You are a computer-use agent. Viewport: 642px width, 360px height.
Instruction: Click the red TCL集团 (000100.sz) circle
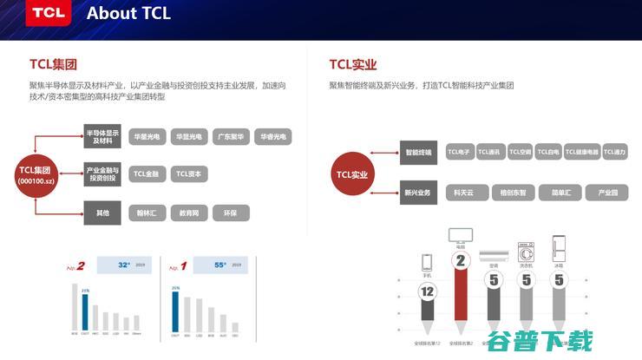36,175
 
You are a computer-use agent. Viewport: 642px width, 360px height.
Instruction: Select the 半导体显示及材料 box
102,137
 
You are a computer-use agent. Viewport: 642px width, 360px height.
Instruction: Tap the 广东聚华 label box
232,137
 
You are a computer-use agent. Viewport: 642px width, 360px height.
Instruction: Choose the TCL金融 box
147,174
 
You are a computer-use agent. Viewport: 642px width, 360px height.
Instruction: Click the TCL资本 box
188,174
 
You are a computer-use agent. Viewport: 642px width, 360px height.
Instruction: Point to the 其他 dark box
102,213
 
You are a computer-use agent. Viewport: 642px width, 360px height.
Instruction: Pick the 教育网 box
189,213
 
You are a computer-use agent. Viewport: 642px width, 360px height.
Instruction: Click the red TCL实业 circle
353,175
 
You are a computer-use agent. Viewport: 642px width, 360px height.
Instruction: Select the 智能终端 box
417,153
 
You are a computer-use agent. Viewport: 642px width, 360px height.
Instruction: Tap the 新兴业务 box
417,193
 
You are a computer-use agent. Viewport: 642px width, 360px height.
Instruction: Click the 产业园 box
606,193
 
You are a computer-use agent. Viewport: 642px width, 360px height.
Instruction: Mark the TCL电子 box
459,153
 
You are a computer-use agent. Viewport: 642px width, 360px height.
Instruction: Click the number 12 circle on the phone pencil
426,292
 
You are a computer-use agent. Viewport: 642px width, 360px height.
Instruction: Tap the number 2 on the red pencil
461,260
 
